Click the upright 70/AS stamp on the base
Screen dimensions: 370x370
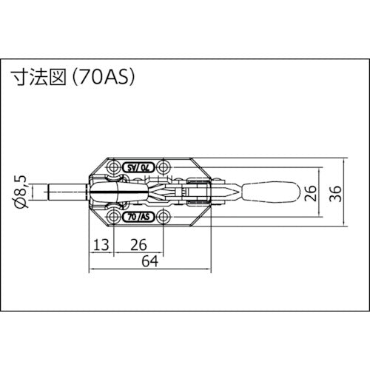(138, 218)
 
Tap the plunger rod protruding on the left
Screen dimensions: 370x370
(67, 194)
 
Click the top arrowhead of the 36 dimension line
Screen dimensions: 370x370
(346, 161)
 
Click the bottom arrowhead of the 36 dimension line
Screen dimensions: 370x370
(346, 225)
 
